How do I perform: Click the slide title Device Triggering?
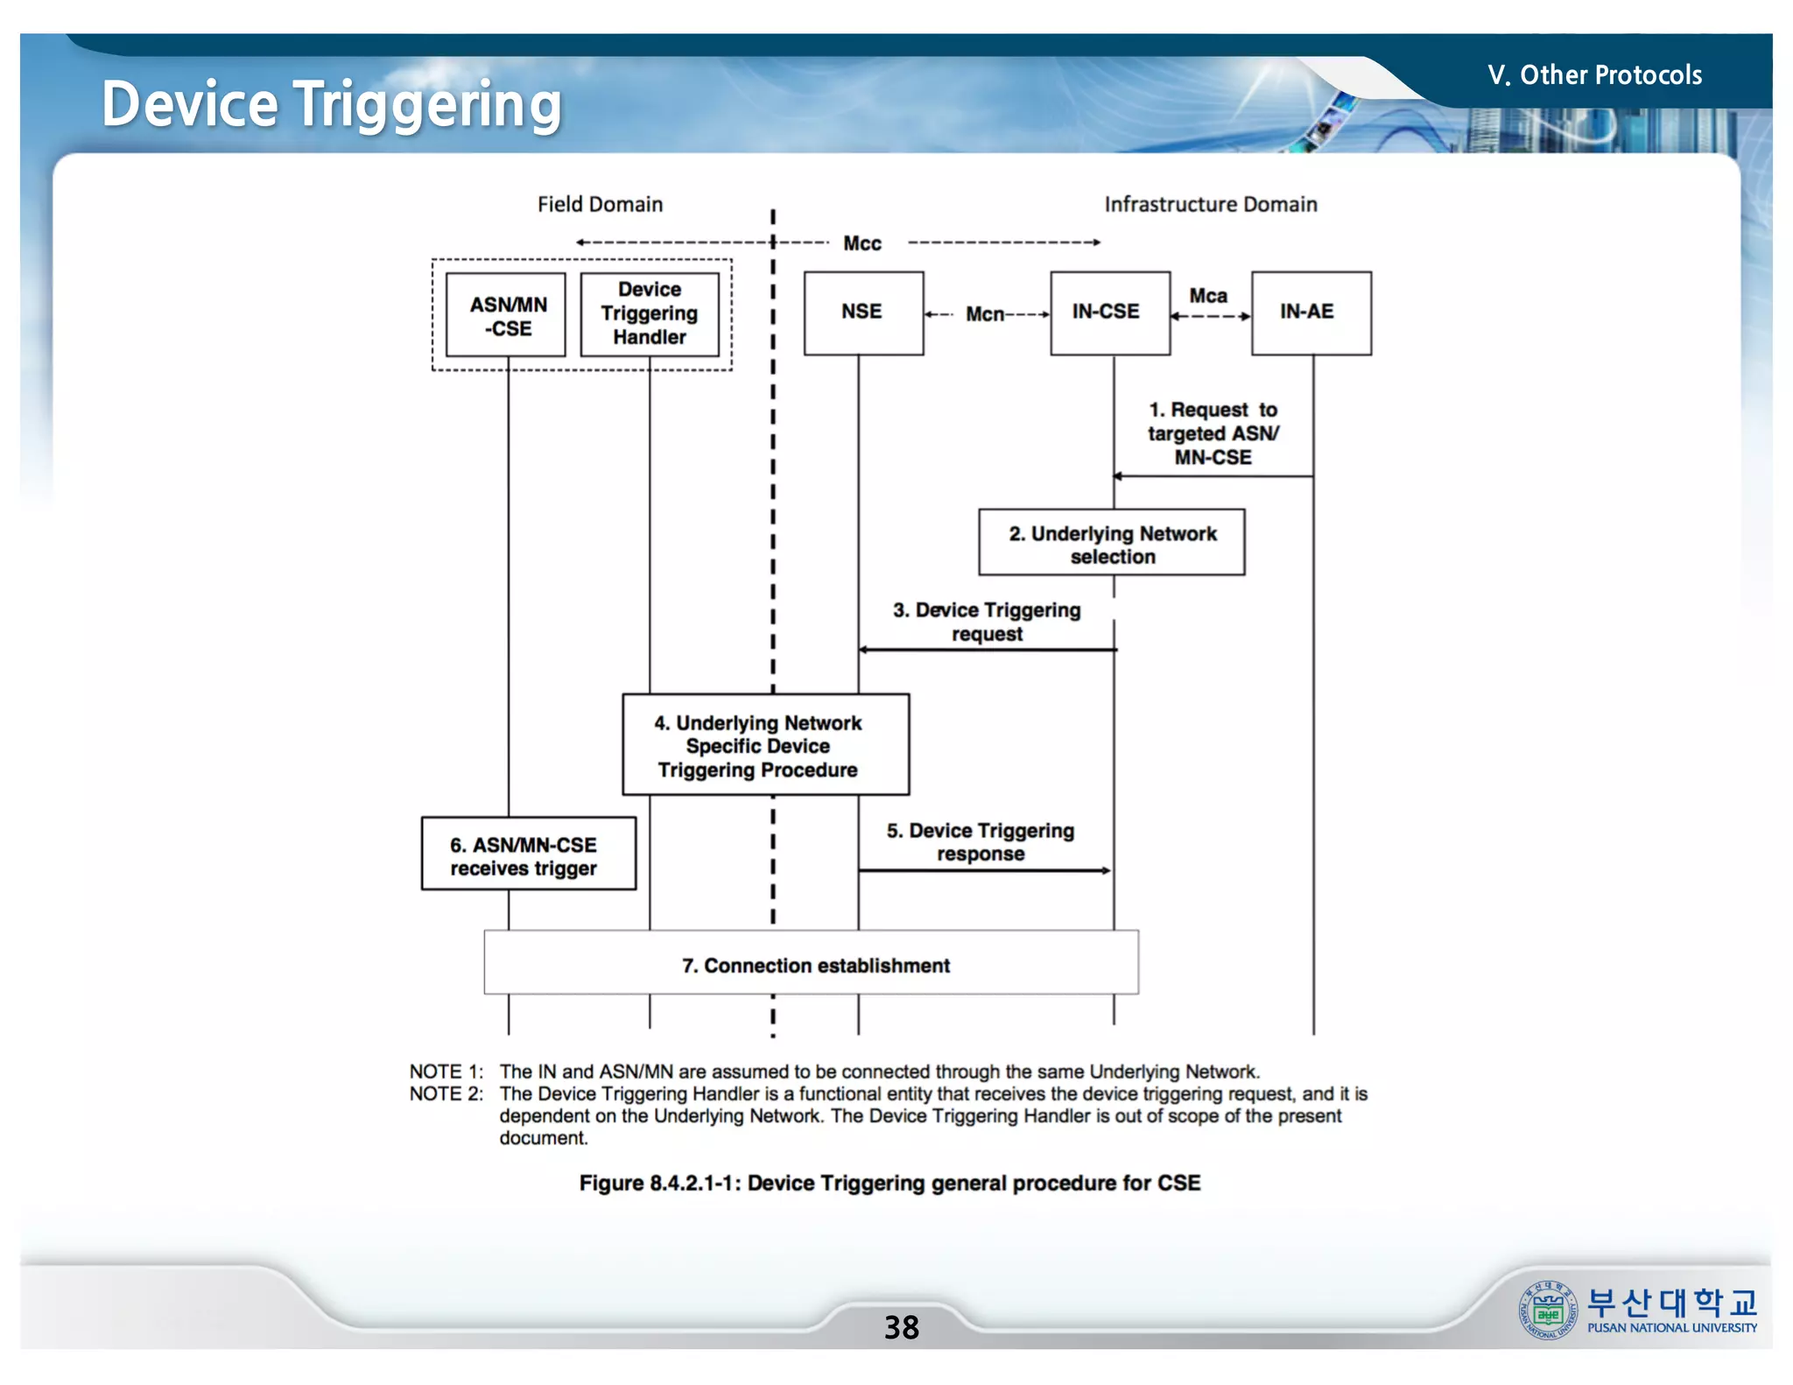tap(331, 104)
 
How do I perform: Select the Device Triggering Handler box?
tap(650, 313)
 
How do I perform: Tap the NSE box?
tap(862, 313)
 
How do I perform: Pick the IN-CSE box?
tap(1108, 313)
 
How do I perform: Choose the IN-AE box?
tap(1310, 313)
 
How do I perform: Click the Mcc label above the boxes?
tap(861, 243)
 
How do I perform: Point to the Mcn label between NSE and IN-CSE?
tap(984, 314)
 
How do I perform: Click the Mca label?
tap(1207, 296)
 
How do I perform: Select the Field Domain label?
tap(600, 204)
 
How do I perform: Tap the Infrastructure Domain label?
tap(1210, 204)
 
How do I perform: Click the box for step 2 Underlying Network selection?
tap(1111, 543)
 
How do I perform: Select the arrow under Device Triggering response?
tap(984, 870)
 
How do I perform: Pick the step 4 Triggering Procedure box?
tap(764, 745)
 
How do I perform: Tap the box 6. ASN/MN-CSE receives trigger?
tap(528, 854)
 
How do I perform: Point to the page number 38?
tap(901, 1327)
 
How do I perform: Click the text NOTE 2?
tap(446, 1094)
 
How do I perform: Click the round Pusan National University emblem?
tap(1547, 1311)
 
